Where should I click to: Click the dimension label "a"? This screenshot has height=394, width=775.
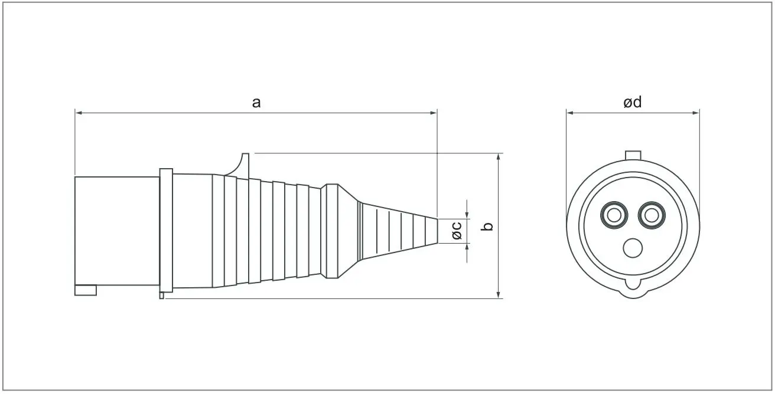click(256, 103)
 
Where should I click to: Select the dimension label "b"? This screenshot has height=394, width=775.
click(487, 226)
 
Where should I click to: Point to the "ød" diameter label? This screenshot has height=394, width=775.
click(632, 103)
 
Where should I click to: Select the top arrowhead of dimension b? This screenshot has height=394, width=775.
click(499, 157)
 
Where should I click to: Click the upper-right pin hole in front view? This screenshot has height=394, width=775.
click(651, 215)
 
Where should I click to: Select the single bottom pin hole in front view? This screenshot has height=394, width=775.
click(633, 248)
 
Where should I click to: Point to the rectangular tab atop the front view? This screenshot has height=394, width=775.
click(633, 155)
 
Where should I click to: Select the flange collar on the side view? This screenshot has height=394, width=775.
click(166, 231)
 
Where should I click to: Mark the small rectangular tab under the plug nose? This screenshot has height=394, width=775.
click(86, 290)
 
